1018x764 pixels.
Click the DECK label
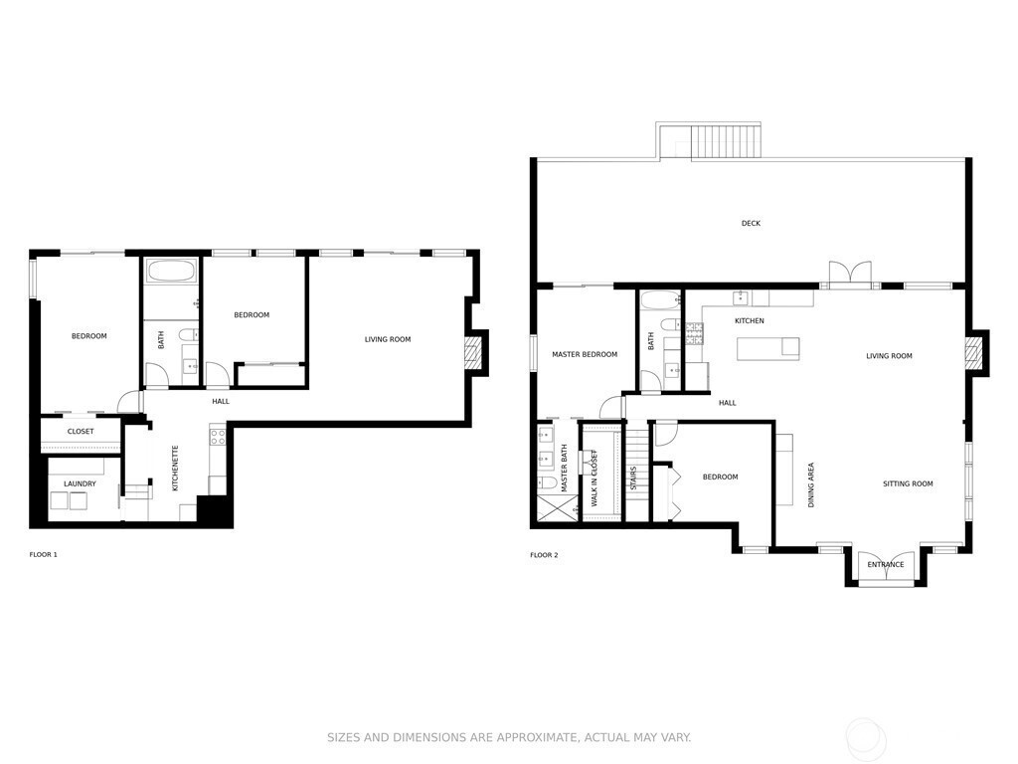751,224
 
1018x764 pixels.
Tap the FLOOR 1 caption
44,555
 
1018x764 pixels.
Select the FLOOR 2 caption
544,555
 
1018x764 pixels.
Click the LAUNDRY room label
80,484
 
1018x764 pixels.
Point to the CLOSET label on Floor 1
81,432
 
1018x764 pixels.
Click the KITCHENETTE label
175,468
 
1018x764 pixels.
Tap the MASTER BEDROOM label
585,355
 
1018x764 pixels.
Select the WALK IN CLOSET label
594,478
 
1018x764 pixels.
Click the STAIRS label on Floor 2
633,477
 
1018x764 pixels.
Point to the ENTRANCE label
886,565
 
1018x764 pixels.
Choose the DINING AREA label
811,485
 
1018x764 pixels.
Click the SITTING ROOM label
908,484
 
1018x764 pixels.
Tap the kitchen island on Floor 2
768,349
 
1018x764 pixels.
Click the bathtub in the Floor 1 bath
172,271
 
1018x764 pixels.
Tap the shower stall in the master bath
557,507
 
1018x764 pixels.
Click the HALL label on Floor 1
221,402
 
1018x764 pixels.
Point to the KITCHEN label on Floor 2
750,321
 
